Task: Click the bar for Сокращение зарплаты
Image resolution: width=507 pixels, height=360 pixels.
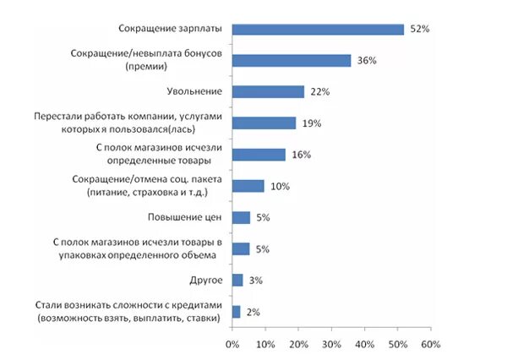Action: tap(318, 30)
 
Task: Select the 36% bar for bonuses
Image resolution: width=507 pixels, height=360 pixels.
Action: tap(292, 60)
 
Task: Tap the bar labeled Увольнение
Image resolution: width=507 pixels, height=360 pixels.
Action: tap(268, 91)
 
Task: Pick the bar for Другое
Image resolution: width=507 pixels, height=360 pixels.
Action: tap(237, 280)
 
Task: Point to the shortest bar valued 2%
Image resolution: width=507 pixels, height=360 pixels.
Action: tap(236, 311)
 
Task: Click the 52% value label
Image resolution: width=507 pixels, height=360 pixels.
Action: tap(420, 30)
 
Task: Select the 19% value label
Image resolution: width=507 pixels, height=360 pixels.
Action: tap(312, 123)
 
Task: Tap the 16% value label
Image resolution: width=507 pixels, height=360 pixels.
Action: tap(302, 155)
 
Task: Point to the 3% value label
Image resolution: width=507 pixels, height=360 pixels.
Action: tap(256, 280)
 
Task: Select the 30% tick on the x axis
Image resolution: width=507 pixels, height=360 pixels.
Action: tap(332, 345)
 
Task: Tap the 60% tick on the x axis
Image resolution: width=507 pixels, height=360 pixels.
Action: tap(431, 345)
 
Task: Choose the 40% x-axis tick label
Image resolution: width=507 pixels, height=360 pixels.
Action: tap(365, 345)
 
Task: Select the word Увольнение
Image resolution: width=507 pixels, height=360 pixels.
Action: tap(195, 91)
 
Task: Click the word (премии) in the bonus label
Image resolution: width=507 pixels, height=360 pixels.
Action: tap(147, 67)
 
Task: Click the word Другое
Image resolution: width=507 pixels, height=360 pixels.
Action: tap(205, 280)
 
